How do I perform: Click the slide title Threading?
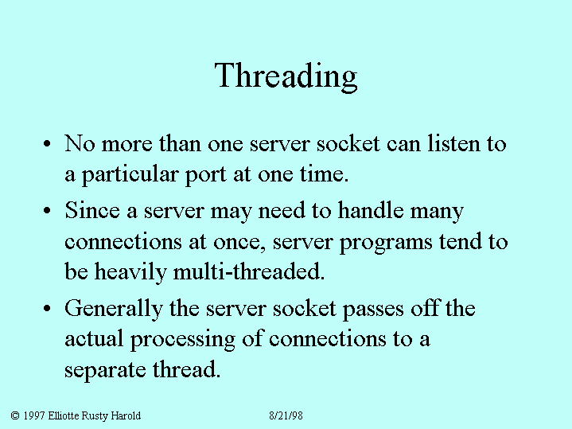point(286,76)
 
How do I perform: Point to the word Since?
point(92,210)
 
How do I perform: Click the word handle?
point(371,210)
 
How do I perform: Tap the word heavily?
point(130,272)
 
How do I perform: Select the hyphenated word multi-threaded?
point(249,271)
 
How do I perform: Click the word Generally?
point(114,310)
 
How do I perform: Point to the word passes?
point(373,310)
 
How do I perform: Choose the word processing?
point(183,341)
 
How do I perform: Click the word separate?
point(106,371)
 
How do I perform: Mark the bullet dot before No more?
point(47,143)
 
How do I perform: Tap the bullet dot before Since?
point(47,211)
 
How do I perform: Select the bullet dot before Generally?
point(47,309)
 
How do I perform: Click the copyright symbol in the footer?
point(15,415)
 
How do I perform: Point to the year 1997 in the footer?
point(34,415)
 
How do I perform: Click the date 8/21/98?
point(286,415)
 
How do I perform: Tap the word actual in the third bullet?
point(94,339)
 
